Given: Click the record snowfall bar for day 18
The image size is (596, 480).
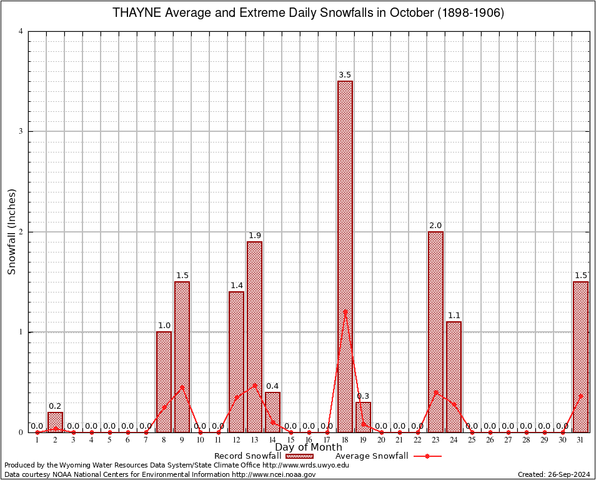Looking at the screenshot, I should [x=345, y=256].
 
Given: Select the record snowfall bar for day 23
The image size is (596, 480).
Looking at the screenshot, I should [x=435, y=331].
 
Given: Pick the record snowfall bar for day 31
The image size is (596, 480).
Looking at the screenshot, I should [x=580, y=356].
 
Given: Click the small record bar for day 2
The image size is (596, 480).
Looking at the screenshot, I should [x=55, y=422].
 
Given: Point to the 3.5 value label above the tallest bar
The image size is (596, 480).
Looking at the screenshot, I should [x=345, y=75].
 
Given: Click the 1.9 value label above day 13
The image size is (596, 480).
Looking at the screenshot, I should [x=254, y=236].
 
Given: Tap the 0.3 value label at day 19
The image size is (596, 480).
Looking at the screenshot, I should [x=363, y=396].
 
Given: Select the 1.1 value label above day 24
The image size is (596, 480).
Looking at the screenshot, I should [x=454, y=316].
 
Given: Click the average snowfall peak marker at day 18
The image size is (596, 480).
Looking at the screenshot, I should [x=345, y=311].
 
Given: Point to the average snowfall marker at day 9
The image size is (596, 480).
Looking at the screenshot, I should [x=182, y=387].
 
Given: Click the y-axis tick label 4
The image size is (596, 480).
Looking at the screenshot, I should [x=21, y=31].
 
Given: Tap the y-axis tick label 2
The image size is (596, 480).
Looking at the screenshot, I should [x=21, y=232].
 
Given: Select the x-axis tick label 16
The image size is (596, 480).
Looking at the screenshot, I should [x=309, y=441].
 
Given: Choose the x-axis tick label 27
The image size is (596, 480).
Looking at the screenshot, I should [x=508, y=441].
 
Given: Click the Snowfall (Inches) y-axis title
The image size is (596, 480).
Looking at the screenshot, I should [x=11, y=232].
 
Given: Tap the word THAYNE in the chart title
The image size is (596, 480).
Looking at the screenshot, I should [x=136, y=12].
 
